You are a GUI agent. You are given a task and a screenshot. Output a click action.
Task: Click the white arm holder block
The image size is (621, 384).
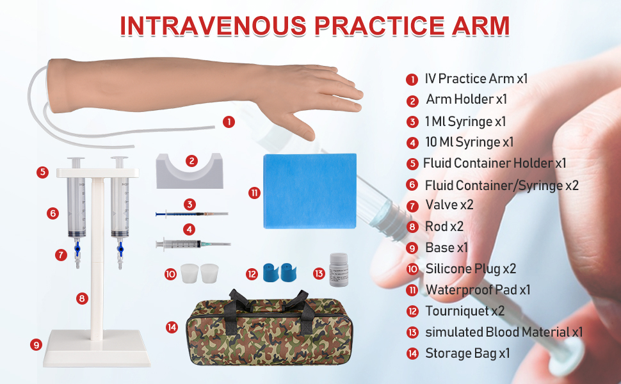point(190,171)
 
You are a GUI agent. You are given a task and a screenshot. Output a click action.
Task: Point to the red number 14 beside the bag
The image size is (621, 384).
point(171,327)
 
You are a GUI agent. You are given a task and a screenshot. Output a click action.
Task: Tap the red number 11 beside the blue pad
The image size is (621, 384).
point(255,192)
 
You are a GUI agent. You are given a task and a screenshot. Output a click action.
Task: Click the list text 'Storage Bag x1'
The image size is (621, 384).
point(467,353)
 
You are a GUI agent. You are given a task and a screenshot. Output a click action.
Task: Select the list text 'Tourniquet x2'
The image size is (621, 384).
point(465,311)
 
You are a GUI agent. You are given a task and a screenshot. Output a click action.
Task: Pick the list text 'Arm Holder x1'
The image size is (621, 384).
point(466,100)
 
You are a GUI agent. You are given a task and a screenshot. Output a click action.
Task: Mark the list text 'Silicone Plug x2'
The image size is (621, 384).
point(471,269)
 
